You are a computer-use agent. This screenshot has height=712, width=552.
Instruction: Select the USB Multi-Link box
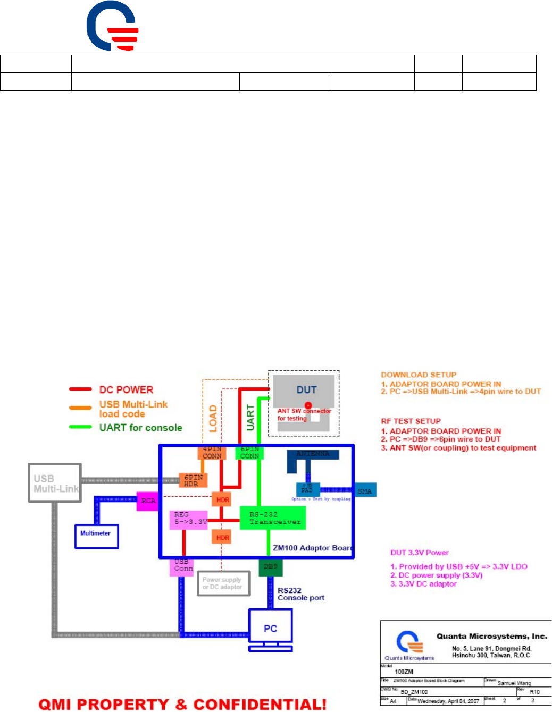(55, 482)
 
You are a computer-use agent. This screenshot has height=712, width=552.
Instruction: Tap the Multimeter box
(96, 536)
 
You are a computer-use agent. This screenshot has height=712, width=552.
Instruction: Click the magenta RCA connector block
(148, 501)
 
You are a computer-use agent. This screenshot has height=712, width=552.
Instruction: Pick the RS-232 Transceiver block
(273, 518)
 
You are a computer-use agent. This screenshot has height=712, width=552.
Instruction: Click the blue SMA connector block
(365, 490)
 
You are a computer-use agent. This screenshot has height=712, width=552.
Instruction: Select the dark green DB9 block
(270, 566)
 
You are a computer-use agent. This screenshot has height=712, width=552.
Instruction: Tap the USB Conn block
(183, 566)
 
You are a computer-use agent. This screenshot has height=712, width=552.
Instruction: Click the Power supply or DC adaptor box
(223, 583)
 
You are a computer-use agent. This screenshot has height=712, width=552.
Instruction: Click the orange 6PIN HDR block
(193, 480)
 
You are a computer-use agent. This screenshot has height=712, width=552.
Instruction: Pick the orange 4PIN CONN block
(212, 453)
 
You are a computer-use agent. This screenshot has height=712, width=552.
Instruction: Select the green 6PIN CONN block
(249, 453)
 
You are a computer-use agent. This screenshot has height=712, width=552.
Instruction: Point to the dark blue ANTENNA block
(313, 455)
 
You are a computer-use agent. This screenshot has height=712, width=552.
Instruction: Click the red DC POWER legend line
(80, 389)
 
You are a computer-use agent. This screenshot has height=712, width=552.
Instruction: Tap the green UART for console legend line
(80, 427)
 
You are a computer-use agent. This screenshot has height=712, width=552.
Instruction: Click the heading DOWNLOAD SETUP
(419, 375)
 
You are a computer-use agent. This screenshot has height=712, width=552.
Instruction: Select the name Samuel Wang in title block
(514, 683)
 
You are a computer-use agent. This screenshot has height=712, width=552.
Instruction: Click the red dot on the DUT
(308, 405)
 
